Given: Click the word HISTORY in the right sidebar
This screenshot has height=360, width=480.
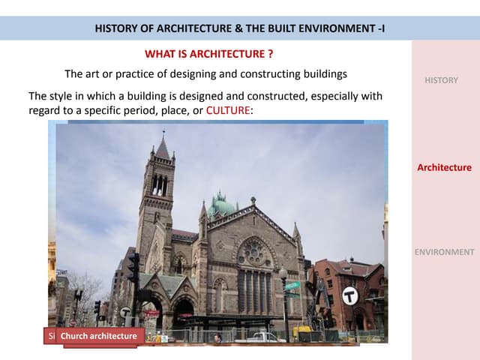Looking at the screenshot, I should pyautogui.click(x=441, y=80).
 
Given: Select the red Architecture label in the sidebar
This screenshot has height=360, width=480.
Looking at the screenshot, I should pyautogui.click(x=444, y=167).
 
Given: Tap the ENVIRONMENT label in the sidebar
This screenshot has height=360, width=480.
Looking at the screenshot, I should pyautogui.click(x=444, y=252).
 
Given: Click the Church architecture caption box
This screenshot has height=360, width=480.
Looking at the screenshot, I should pyautogui.click(x=98, y=336).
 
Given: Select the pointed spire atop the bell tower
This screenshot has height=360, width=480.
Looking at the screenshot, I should pyautogui.click(x=162, y=146).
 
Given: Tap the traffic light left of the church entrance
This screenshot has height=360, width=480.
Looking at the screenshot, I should pyautogui.click(x=134, y=268).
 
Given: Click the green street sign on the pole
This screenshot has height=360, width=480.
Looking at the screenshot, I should pyautogui.click(x=292, y=285).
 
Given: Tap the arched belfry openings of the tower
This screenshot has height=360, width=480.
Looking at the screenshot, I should pyautogui.click(x=159, y=184).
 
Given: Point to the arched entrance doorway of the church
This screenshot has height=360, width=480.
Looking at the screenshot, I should pyautogui.click(x=183, y=311).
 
